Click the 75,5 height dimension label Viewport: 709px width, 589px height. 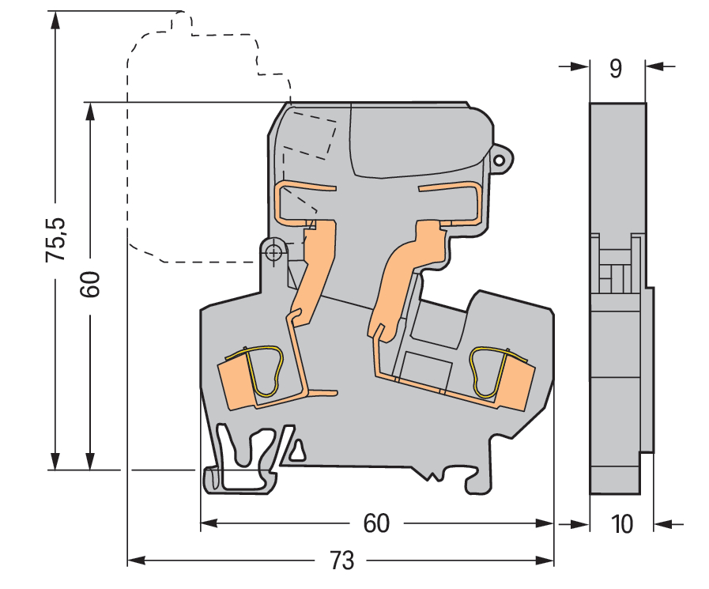coord(55,240)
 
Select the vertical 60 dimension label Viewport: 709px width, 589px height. coord(90,284)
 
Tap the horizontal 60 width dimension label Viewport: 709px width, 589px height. coord(376,523)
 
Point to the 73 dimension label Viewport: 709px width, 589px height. coord(341,561)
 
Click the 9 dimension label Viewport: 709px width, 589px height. coord(616,69)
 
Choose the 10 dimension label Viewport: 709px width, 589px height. coord(622,524)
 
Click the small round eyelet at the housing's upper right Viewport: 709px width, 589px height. coord(500,160)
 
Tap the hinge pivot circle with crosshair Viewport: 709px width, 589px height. coord(273,252)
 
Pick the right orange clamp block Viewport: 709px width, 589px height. coord(515,381)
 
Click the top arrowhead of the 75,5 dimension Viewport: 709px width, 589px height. coord(55,21)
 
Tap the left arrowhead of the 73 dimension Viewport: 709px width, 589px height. coord(137,561)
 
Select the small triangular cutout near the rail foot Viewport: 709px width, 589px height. coord(297,451)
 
